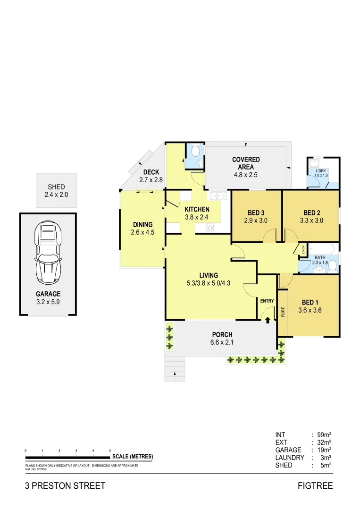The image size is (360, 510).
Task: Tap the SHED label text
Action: coord(56,187)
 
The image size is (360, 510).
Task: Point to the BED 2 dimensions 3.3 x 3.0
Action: coord(311,220)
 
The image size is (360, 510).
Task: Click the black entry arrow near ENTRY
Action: coord(268,320)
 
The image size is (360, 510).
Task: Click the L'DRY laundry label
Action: coord(321,171)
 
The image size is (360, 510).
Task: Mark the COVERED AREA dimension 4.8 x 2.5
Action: coord(246,175)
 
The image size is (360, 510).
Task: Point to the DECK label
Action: coord(151,172)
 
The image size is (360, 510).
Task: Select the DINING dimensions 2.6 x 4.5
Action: coord(142,232)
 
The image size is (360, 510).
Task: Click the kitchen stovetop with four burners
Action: coord(210,228)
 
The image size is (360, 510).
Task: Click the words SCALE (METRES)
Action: coord(132,457)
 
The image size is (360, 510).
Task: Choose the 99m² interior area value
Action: coord(324,435)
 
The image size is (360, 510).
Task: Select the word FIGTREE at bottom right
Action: coord(315,486)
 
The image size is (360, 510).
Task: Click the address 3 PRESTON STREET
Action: coord(65,486)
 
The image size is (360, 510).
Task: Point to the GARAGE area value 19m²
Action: coord(324,450)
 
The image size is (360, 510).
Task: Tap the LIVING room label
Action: coord(209,275)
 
